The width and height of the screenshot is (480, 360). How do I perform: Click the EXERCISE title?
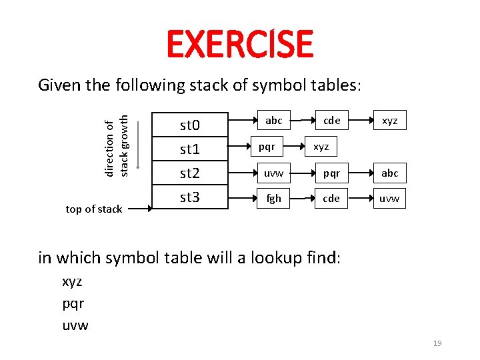[239, 44]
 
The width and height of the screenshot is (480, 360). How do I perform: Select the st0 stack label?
[191, 125]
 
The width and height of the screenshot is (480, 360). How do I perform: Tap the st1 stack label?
[191, 149]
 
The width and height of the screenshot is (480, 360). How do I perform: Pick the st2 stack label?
[191, 173]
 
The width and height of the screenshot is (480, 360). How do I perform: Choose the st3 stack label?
[191, 197]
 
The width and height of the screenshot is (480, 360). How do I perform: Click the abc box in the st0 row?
[273, 121]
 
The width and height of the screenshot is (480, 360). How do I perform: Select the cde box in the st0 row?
[331, 121]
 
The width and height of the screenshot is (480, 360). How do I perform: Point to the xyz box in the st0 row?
[389, 121]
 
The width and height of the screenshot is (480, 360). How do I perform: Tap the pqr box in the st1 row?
[267, 145]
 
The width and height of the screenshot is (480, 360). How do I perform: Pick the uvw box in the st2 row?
[273, 173]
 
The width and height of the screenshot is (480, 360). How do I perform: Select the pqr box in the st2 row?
[331, 173]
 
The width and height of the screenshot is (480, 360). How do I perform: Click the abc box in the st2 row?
[389, 173]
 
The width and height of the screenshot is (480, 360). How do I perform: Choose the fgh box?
[273, 199]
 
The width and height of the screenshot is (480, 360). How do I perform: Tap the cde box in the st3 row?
[331, 199]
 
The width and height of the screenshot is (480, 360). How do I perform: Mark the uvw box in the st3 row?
[389, 199]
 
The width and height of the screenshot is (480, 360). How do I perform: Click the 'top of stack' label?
[94, 209]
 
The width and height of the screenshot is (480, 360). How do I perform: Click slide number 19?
[437, 343]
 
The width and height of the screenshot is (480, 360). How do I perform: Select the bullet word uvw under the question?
[75, 325]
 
